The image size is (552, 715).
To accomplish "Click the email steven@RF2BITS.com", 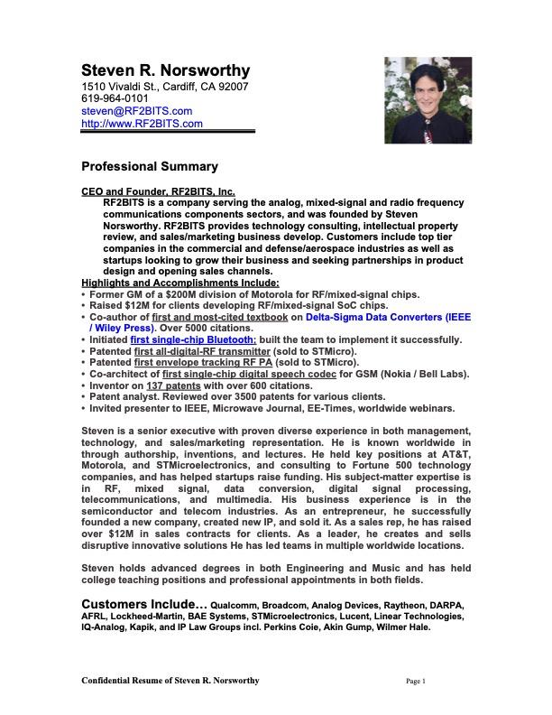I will click(137, 111).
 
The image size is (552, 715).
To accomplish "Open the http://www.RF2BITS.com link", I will click(142, 124).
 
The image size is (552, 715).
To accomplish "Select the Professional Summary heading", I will click(150, 167).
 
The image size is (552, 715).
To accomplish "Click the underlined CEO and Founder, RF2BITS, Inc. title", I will click(158, 192).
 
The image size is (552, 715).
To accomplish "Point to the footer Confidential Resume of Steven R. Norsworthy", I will click(170, 680).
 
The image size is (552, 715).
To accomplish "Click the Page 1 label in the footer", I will click(415, 681).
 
